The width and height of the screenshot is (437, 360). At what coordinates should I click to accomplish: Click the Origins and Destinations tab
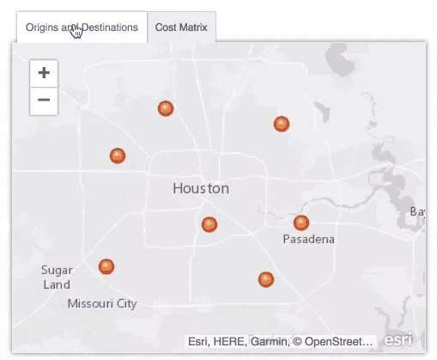[x=82, y=27]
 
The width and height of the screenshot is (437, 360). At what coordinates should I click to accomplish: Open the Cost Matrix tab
[x=182, y=27]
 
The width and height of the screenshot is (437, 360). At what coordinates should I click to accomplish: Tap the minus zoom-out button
[x=44, y=101]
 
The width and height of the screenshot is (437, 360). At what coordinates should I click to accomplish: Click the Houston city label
[x=201, y=188]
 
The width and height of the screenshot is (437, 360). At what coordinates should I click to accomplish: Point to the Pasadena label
[x=308, y=240]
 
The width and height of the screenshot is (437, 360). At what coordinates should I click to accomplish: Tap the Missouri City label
[x=102, y=303]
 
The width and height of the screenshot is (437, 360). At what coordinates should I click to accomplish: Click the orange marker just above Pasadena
[x=301, y=223]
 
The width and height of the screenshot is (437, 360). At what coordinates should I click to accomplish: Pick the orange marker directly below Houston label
[x=209, y=224]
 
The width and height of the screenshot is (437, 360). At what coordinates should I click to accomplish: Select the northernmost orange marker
[x=166, y=108]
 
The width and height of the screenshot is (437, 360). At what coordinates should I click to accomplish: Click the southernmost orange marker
[x=266, y=279]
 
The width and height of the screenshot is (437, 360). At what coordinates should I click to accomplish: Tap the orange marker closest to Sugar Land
[x=106, y=266]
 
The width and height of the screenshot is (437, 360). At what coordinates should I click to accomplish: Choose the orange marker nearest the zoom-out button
[x=118, y=156]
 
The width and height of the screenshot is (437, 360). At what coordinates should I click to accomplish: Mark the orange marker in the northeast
[x=281, y=124]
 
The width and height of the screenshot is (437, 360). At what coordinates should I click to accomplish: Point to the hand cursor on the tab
[x=77, y=33]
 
